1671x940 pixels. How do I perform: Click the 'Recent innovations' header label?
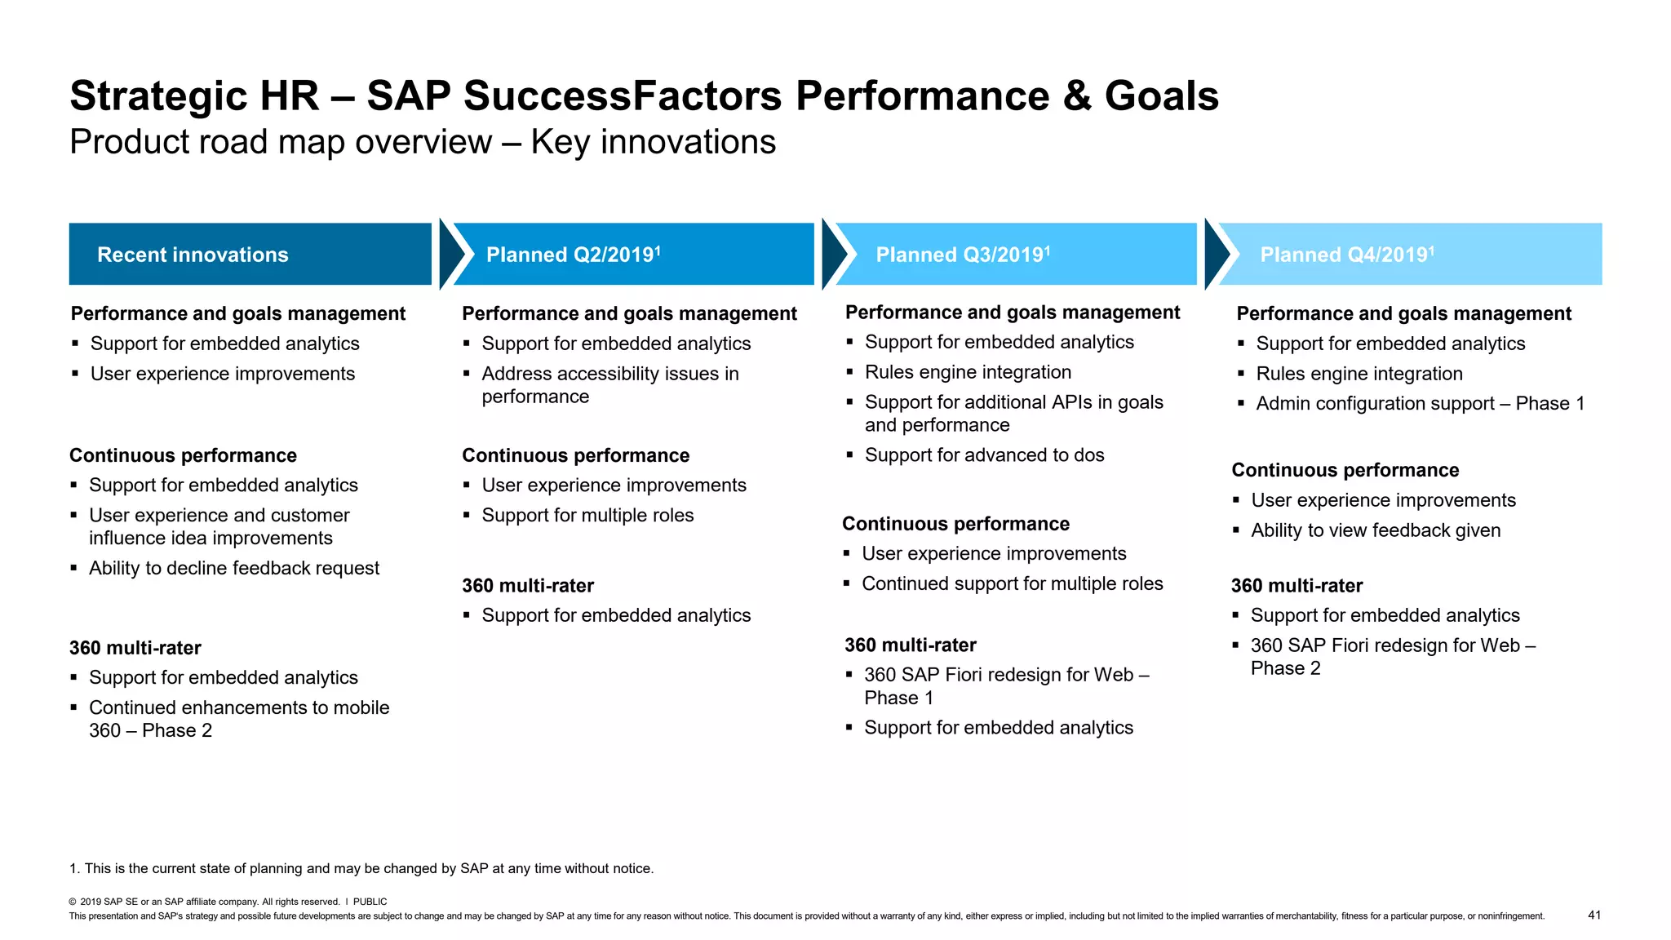[193, 255]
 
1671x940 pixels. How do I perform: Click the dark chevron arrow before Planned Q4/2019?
[1217, 254]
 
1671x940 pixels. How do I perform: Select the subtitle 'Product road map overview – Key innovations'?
[423, 142]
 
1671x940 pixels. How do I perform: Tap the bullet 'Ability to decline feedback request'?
[234, 568]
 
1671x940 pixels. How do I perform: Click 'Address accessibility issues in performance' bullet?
[609, 385]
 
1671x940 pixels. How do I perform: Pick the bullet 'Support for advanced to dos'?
[984, 455]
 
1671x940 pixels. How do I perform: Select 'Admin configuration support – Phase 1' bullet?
[1420, 404]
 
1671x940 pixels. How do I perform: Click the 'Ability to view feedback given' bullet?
[1376, 530]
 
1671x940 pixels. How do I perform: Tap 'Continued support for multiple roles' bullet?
[1012, 583]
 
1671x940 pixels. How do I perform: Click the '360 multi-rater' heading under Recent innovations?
[135, 648]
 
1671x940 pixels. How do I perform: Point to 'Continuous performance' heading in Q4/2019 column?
[1345, 470]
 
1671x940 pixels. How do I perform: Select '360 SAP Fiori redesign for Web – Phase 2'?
[1392, 657]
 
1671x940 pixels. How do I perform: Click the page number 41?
[1594, 915]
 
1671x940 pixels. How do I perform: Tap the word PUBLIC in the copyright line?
[370, 902]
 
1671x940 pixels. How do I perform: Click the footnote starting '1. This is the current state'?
[361, 868]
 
